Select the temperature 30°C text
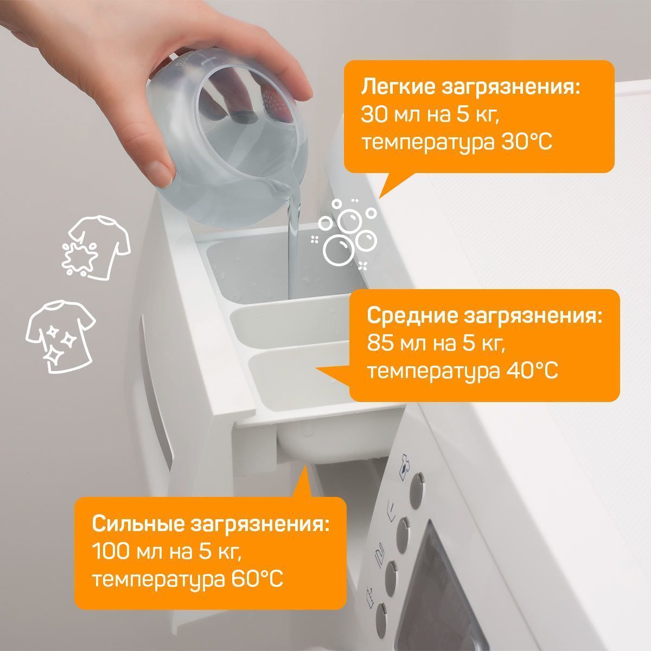(526, 142)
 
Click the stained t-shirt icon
(96, 247)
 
